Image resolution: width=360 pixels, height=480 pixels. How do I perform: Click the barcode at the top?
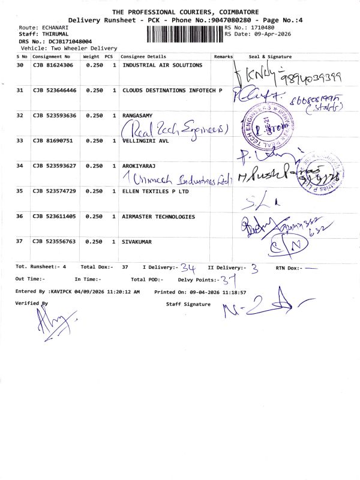pyautogui.click(x=184, y=34)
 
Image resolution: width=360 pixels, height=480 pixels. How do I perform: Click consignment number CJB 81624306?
pyautogui.click(x=53, y=65)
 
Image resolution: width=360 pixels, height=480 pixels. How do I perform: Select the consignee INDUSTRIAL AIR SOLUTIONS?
pyautogui.click(x=162, y=65)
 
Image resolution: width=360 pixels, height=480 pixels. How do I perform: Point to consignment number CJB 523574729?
pyautogui.click(x=55, y=191)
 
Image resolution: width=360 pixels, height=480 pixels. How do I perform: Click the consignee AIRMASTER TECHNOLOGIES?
pyautogui.click(x=158, y=216)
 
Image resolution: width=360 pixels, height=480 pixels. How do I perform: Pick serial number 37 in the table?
pyautogui.click(x=20, y=241)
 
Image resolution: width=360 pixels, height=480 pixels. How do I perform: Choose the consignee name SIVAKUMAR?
pyautogui.click(x=137, y=241)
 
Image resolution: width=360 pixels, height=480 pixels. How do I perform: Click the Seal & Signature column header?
pyautogui.click(x=269, y=56)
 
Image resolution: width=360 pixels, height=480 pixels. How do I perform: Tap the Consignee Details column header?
pyautogui.click(x=142, y=56)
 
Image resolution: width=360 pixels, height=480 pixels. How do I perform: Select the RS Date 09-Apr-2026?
pyautogui.click(x=269, y=34)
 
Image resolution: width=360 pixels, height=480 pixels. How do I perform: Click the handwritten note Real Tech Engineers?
pyautogui.click(x=175, y=130)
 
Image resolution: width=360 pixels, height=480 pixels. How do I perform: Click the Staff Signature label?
pyautogui.click(x=188, y=305)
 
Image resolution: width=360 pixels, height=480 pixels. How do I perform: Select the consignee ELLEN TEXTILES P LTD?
pyautogui.click(x=155, y=191)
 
